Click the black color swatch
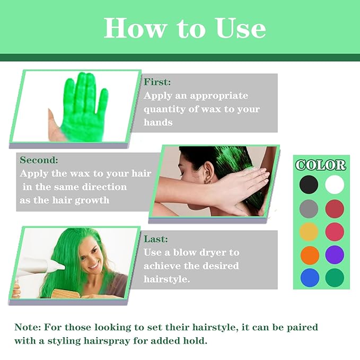click(x=309, y=185)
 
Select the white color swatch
click(x=335, y=185)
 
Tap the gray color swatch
click(x=309, y=208)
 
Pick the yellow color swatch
click(x=309, y=231)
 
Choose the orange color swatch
click(x=309, y=254)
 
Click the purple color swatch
click(x=335, y=254)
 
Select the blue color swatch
click(x=309, y=277)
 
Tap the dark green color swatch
click(x=335, y=277)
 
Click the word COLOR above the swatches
click(x=321, y=165)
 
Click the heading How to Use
click(x=185, y=28)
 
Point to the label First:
click(x=157, y=83)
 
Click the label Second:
click(x=39, y=160)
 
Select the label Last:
click(x=156, y=240)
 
